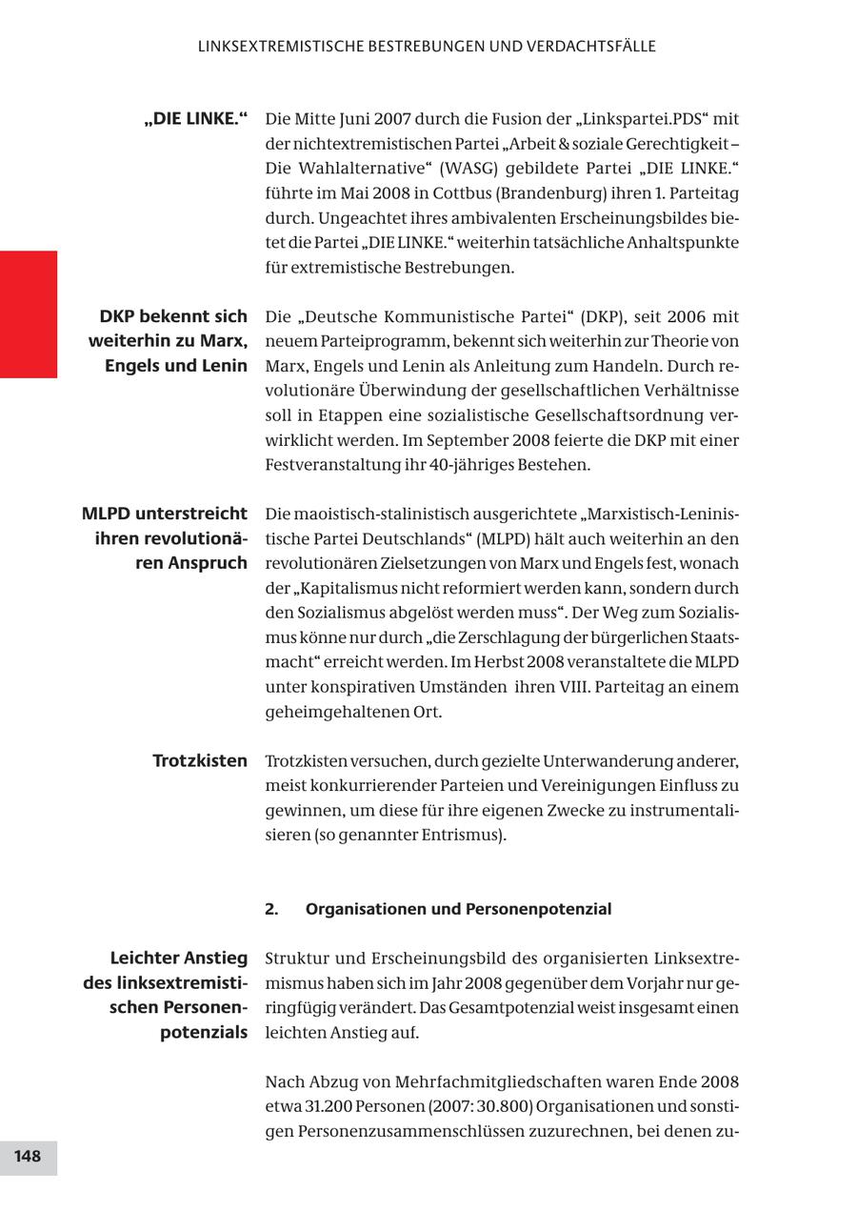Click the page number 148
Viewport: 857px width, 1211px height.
coord(28,1157)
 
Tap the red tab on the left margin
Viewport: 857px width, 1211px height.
coord(29,314)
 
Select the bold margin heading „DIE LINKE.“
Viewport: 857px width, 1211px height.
coord(196,119)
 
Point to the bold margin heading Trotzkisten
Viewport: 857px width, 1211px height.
coord(200,761)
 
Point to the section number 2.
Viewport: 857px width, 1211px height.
coord(271,909)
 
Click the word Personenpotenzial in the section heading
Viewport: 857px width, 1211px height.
coord(538,909)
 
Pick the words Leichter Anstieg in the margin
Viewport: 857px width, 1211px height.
coord(178,958)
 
